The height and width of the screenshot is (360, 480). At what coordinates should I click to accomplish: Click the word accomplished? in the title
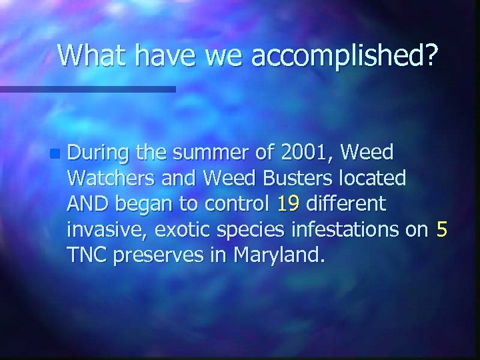(x=345, y=57)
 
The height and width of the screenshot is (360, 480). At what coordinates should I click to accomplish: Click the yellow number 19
(x=288, y=204)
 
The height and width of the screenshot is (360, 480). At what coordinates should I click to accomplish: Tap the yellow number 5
(x=441, y=229)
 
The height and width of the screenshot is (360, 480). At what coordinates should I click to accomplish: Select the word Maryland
(x=274, y=255)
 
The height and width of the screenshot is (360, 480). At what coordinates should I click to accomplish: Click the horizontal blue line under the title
(x=87, y=89)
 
